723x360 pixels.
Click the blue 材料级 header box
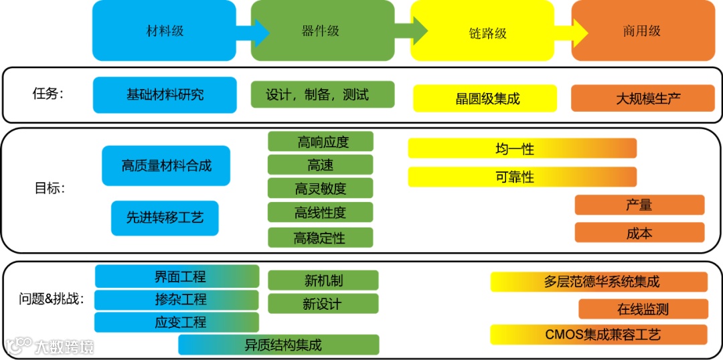(x=164, y=31)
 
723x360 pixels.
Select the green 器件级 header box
(x=321, y=31)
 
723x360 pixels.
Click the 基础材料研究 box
(x=165, y=94)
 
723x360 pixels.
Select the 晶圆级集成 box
(x=485, y=98)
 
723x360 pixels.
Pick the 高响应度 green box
(x=321, y=141)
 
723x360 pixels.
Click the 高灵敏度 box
(x=321, y=189)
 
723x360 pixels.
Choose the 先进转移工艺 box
(x=165, y=217)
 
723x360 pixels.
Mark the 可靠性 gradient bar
(x=521, y=177)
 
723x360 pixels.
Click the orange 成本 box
(x=639, y=232)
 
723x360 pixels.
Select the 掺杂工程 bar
(x=177, y=299)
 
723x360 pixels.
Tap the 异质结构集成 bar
(x=278, y=345)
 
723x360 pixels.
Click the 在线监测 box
(x=643, y=308)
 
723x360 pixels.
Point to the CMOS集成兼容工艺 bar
(x=598, y=334)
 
